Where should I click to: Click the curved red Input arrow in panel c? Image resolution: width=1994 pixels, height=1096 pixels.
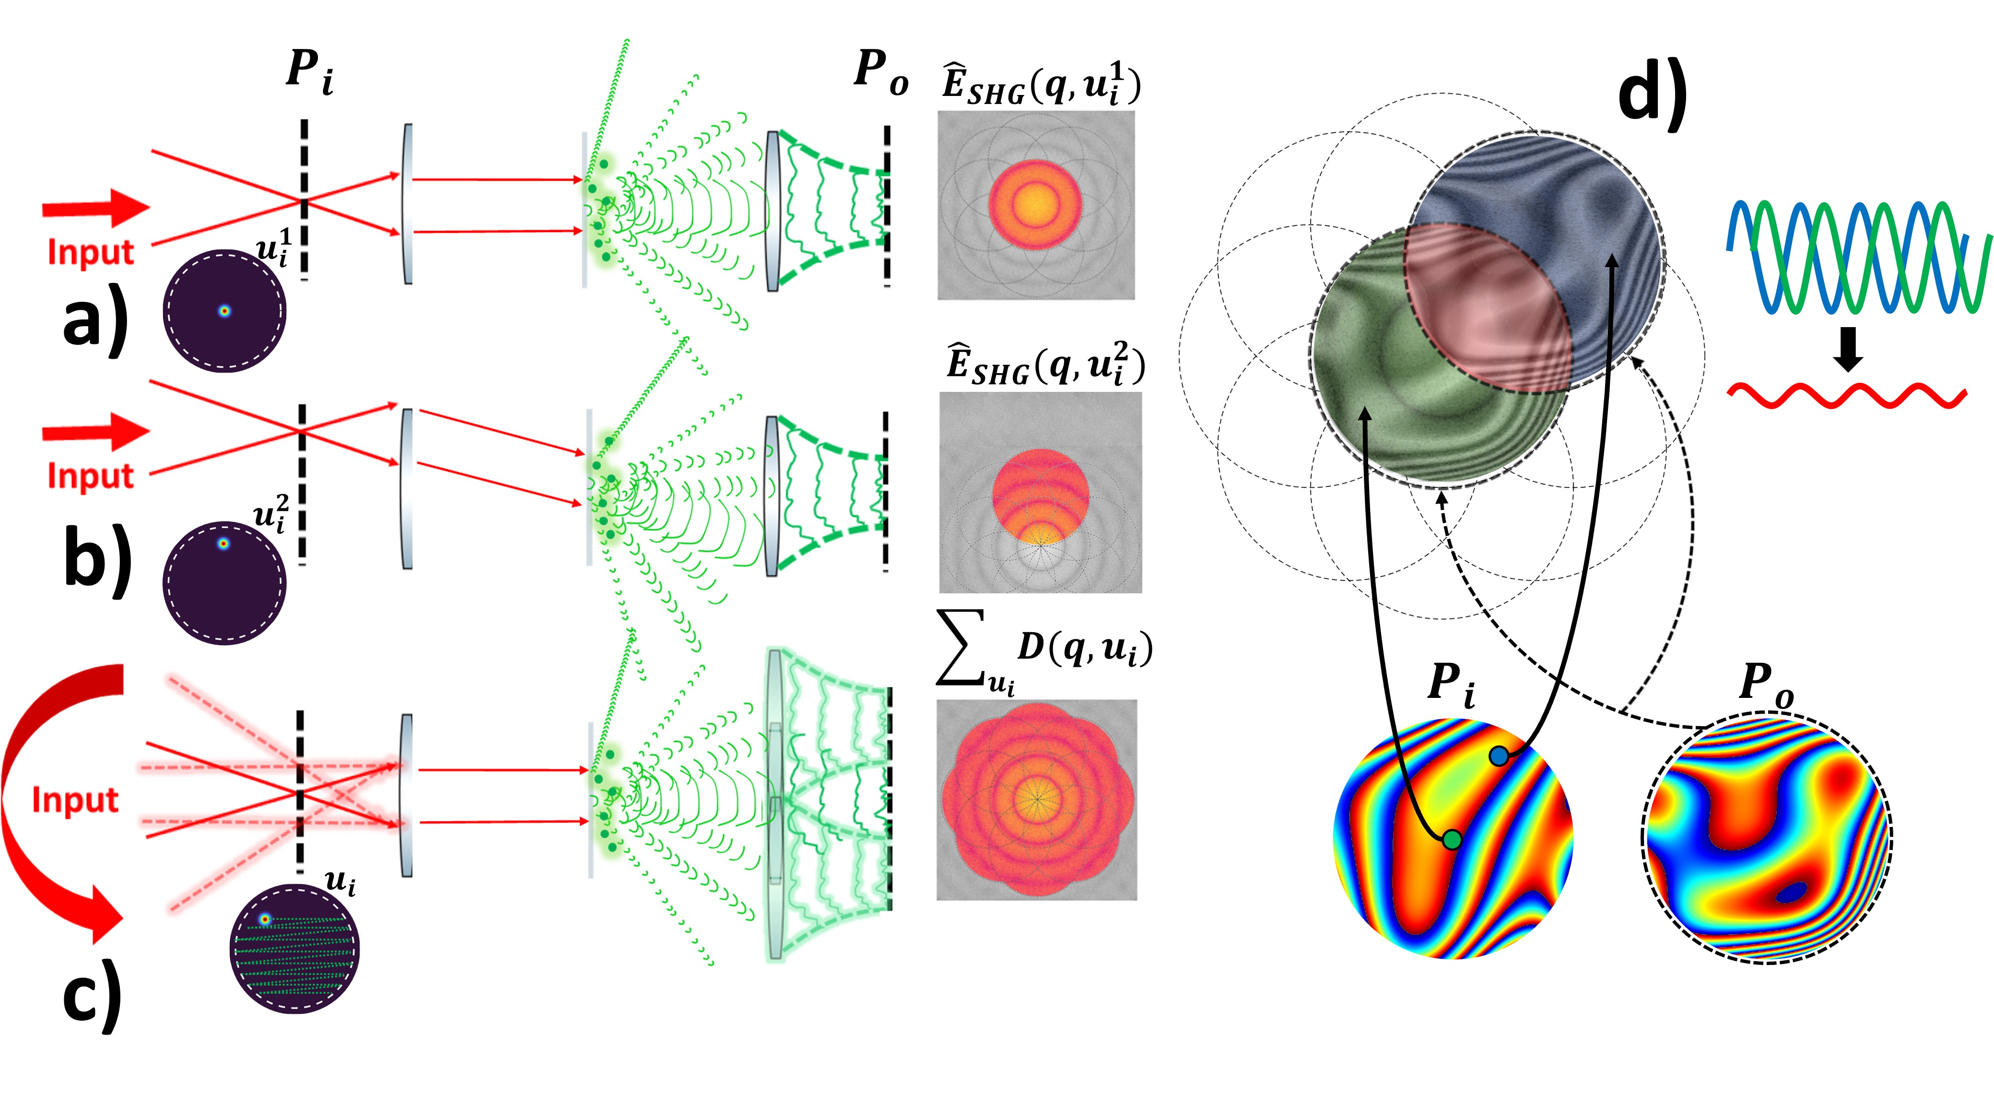(x=47, y=805)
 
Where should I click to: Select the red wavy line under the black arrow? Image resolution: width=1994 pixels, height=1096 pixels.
(x=1847, y=396)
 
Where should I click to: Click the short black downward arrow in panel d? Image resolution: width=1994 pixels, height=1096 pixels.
(x=1849, y=348)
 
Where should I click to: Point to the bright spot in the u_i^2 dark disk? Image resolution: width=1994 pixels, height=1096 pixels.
(x=223, y=543)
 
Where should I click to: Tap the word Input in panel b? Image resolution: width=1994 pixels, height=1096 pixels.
(x=91, y=475)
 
